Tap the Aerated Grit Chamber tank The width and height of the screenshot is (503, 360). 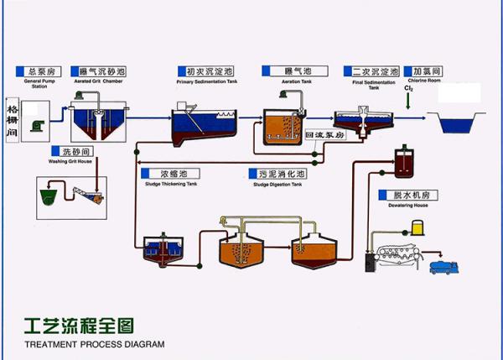pyautogui.click(x=96, y=123)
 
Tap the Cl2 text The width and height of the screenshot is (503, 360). pyautogui.click(x=408, y=88)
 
